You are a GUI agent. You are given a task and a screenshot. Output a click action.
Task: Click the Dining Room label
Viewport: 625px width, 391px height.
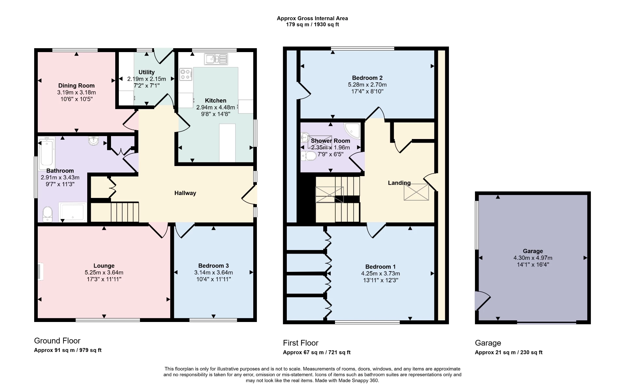pos(76,86)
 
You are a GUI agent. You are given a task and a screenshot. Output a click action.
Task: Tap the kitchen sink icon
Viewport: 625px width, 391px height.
pos(216,59)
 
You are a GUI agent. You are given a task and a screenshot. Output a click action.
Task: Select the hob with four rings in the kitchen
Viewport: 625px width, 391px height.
pos(186,74)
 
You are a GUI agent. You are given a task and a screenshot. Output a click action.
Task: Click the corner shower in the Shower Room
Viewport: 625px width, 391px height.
pos(353,130)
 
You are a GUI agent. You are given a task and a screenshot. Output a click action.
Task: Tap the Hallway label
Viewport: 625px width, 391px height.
pos(185,193)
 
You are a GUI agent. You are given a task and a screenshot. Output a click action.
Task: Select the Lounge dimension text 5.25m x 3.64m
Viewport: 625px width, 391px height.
pos(104,272)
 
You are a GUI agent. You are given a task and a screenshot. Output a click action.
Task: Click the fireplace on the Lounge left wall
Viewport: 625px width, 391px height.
pos(40,271)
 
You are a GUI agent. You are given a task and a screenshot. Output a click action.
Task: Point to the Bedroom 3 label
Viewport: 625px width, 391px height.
pos(213,266)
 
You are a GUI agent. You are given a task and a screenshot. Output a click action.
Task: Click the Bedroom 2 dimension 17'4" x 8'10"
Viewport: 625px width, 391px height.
pos(367,91)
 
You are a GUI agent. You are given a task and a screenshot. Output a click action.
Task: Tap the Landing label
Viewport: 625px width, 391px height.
pos(399,183)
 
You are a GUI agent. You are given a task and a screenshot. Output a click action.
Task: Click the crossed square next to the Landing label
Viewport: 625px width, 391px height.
pos(416,192)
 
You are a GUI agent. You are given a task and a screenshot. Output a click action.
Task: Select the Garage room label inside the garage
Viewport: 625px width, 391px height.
pos(533,251)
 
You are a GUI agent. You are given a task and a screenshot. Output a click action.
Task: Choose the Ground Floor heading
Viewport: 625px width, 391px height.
pos(57,341)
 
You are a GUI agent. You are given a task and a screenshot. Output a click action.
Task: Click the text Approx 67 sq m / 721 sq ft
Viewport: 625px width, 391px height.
pos(316,352)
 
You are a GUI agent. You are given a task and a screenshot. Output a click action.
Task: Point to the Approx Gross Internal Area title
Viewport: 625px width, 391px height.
pos(312,19)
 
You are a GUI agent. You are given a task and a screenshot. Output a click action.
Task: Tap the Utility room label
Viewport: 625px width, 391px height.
pos(146,72)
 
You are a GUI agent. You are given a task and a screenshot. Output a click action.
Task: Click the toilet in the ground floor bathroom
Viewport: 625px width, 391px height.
pos(48,214)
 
